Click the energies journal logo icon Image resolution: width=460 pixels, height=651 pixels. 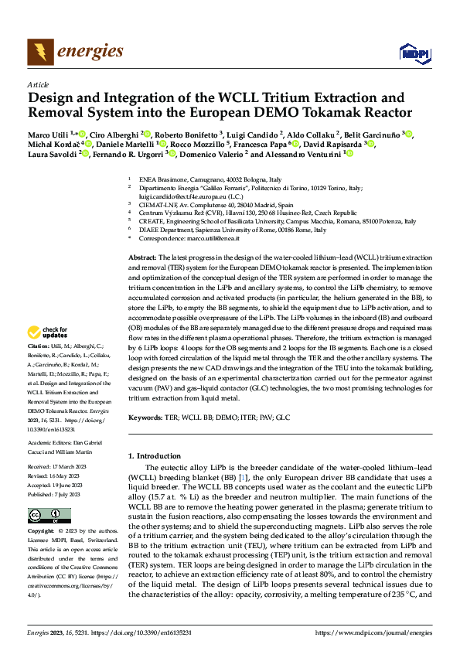click(x=39, y=52)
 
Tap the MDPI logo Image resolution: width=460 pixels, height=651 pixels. click(x=411, y=53)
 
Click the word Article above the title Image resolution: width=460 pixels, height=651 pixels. click(x=38, y=84)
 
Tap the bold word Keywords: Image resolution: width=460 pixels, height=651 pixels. click(x=146, y=417)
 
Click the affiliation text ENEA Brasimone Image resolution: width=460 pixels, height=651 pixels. click(x=158, y=178)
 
